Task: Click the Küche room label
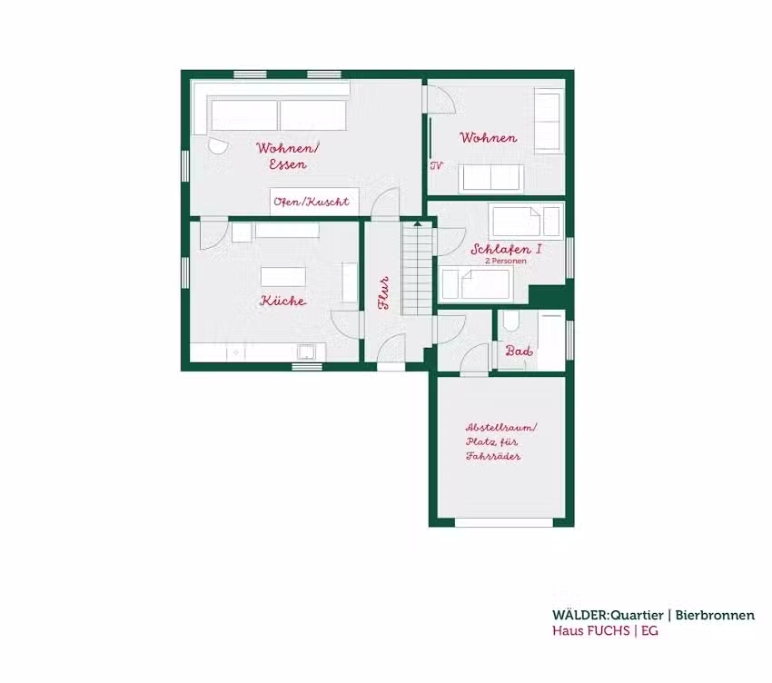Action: point(283,301)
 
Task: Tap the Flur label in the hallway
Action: point(384,293)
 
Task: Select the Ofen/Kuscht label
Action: point(312,202)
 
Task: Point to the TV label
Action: point(437,166)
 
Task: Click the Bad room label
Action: point(519,351)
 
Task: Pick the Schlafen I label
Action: point(506,249)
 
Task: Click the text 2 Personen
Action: point(506,261)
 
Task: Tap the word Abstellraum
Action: point(500,428)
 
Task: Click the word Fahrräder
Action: point(493,456)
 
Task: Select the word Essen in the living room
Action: point(288,164)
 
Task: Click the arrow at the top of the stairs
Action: point(418,223)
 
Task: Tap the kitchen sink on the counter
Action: point(307,352)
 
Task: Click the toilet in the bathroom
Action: point(511,321)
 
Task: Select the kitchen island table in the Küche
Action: point(283,277)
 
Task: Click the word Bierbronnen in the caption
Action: point(715,615)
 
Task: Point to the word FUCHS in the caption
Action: point(608,631)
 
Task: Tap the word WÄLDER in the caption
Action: point(579,615)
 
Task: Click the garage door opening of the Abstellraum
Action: point(504,522)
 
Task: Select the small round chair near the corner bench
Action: point(217,145)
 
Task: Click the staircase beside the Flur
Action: point(418,268)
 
